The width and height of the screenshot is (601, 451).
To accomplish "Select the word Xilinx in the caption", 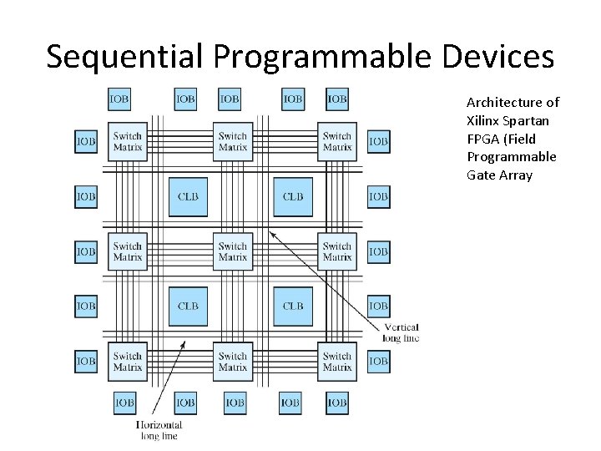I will coord(484,120).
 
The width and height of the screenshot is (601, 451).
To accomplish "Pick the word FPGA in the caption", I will coord(483,139).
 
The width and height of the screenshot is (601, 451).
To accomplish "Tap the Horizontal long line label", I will coord(158,430).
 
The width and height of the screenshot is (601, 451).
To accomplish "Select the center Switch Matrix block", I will coord(232,251).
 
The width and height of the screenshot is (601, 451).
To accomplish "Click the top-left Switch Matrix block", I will coord(128,141).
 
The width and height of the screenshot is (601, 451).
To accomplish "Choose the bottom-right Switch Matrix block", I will coord(336,361).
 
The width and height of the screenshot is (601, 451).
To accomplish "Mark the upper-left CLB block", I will coord(188,196).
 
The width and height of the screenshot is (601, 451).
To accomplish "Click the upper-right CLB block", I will coord(293,196).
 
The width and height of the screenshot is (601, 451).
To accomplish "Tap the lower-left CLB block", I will coord(188,306).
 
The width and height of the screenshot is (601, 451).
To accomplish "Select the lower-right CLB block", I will coord(293,306).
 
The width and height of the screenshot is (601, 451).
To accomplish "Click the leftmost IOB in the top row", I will coord(119,99).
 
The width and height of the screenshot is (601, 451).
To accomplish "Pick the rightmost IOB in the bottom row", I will coord(336,403).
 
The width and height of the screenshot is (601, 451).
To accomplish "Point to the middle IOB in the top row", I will coord(230,99).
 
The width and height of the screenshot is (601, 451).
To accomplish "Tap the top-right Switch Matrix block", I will coord(336,141).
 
